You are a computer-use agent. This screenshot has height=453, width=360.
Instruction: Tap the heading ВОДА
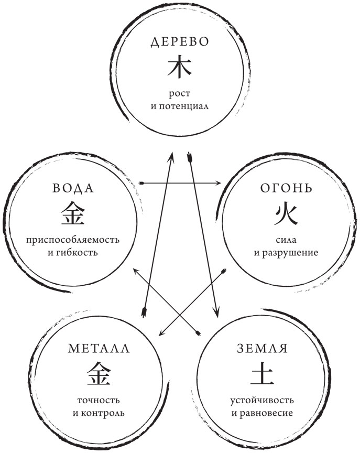tap(73, 189)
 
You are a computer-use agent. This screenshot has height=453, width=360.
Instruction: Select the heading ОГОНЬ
tap(287, 189)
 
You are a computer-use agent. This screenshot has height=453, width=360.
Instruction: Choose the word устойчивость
tap(264, 401)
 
